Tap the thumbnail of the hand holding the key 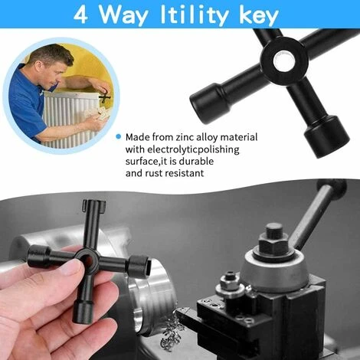point(74,268)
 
